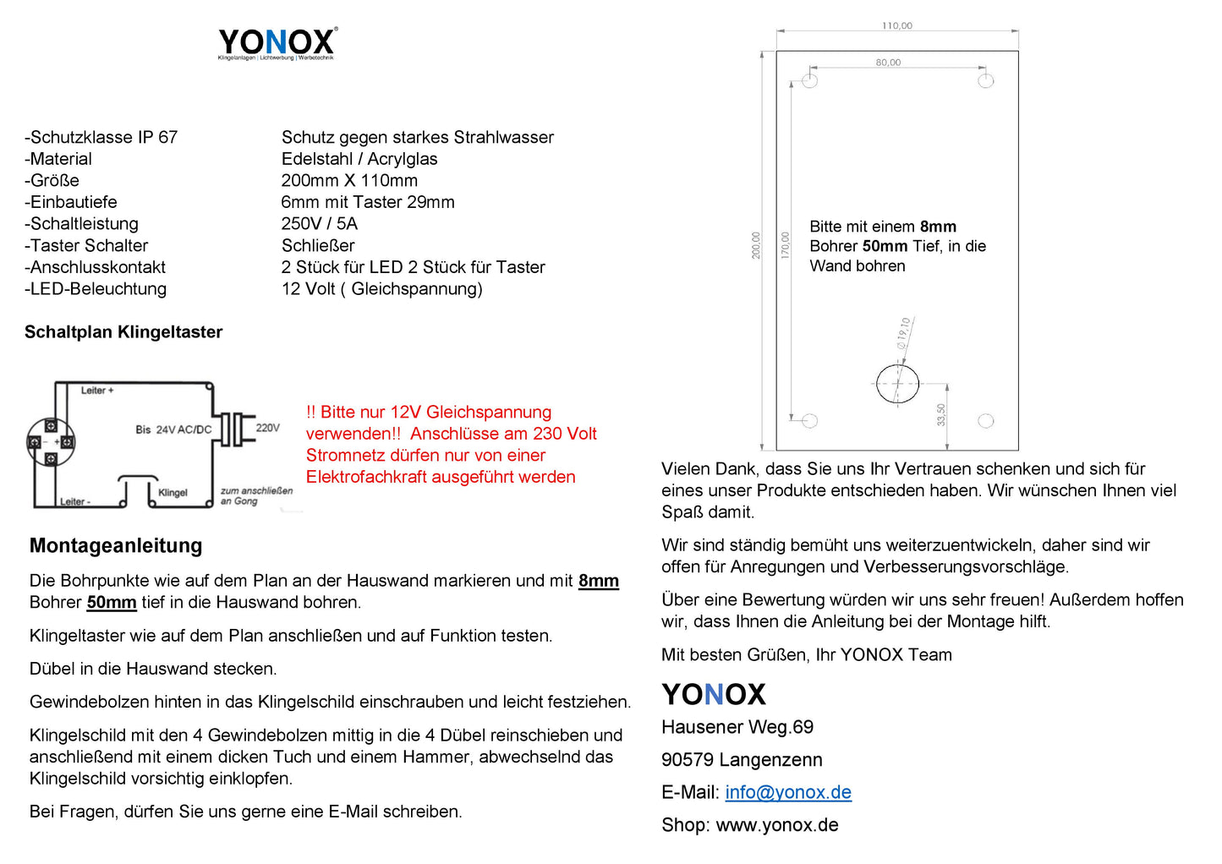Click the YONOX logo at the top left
click(x=277, y=42)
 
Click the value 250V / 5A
click(x=319, y=224)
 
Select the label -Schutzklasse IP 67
click(x=101, y=137)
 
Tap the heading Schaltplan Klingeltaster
click(x=123, y=332)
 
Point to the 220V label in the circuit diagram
click(x=267, y=428)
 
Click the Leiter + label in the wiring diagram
click(x=97, y=391)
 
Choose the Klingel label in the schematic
click(x=173, y=493)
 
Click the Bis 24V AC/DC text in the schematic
click(x=173, y=429)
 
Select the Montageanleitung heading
click(x=116, y=546)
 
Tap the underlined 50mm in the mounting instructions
click(x=112, y=603)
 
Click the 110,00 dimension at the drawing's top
click(x=896, y=26)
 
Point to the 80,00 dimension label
click(x=888, y=63)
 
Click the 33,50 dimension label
click(x=941, y=414)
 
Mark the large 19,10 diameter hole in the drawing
click(x=897, y=384)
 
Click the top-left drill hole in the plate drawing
click(x=809, y=81)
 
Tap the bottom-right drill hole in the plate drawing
click(x=985, y=421)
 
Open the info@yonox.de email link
click(x=787, y=793)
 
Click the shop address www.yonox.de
click(x=776, y=826)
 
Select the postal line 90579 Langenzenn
click(x=742, y=760)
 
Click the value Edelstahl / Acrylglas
click(x=359, y=159)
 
